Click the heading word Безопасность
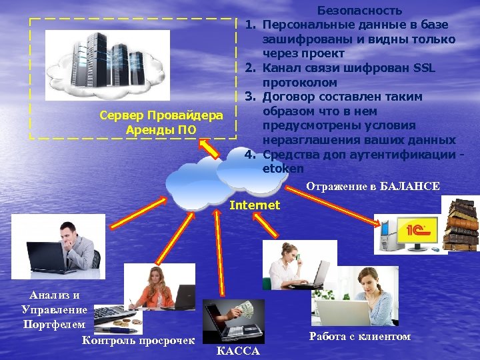(x=359, y=10)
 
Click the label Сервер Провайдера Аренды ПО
(x=161, y=123)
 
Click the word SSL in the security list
(x=423, y=68)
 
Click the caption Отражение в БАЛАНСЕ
(x=373, y=187)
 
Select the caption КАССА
(x=238, y=351)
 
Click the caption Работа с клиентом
(x=360, y=337)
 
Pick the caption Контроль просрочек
(x=138, y=341)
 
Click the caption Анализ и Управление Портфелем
(x=54, y=309)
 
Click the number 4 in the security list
(x=249, y=155)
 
